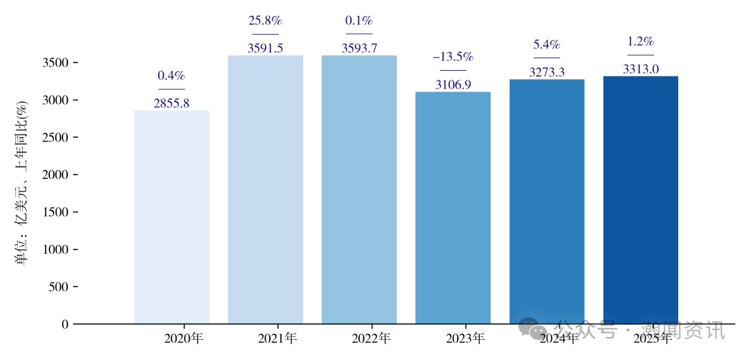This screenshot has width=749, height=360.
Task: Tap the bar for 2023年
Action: pyautogui.click(x=453, y=207)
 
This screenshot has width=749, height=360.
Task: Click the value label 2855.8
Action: pyautogui.click(x=171, y=103)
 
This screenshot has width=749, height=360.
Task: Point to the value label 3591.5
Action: pyautogui.click(x=266, y=49)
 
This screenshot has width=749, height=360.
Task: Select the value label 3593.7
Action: pyautogui.click(x=359, y=49)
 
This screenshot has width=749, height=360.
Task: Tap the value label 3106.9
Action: pyautogui.click(x=453, y=85)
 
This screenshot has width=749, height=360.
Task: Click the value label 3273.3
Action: pyautogui.click(x=546, y=72)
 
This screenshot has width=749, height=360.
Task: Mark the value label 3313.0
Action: pyautogui.click(x=641, y=69)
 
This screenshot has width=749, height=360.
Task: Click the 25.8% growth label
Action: pyautogui.click(x=266, y=21)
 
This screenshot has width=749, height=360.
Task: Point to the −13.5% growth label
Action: pyautogui.click(x=453, y=57)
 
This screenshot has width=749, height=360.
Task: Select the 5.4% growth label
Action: pyautogui.click(x=546, y=44)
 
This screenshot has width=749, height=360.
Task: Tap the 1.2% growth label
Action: pyautogui.click(x=641, y=42)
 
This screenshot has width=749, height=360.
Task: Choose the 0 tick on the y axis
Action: pyautogui.click(x=65, y=324)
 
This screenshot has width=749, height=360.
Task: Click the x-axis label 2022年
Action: pyautogui.click(x=371, y=339)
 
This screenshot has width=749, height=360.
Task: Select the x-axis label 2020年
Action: pyautogui.click(x=184, y=339)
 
